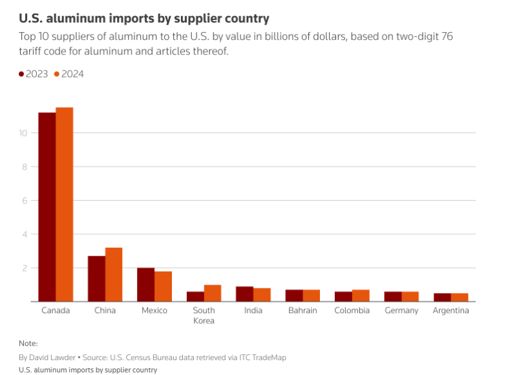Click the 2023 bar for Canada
[x=47, y=207]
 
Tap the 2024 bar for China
[x=114, y=274]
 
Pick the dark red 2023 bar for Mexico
[x=145, y=285]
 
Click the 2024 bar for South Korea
[x=213, y=293]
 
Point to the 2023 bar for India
[x=244, y=294]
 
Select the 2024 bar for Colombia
[x=361, y=296]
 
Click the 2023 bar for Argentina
[x=442, y=297]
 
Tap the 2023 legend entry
[x=33, y=74]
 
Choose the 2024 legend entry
[x=69, y=74]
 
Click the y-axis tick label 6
[x=25, y=201]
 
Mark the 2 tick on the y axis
[x=25, y=268]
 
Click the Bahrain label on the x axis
[x=303, y=310]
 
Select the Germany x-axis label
[x=401, y=310]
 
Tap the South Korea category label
[x=204, y=315]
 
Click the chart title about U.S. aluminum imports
[x=144, y=18]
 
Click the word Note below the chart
[x=28, y=343]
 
